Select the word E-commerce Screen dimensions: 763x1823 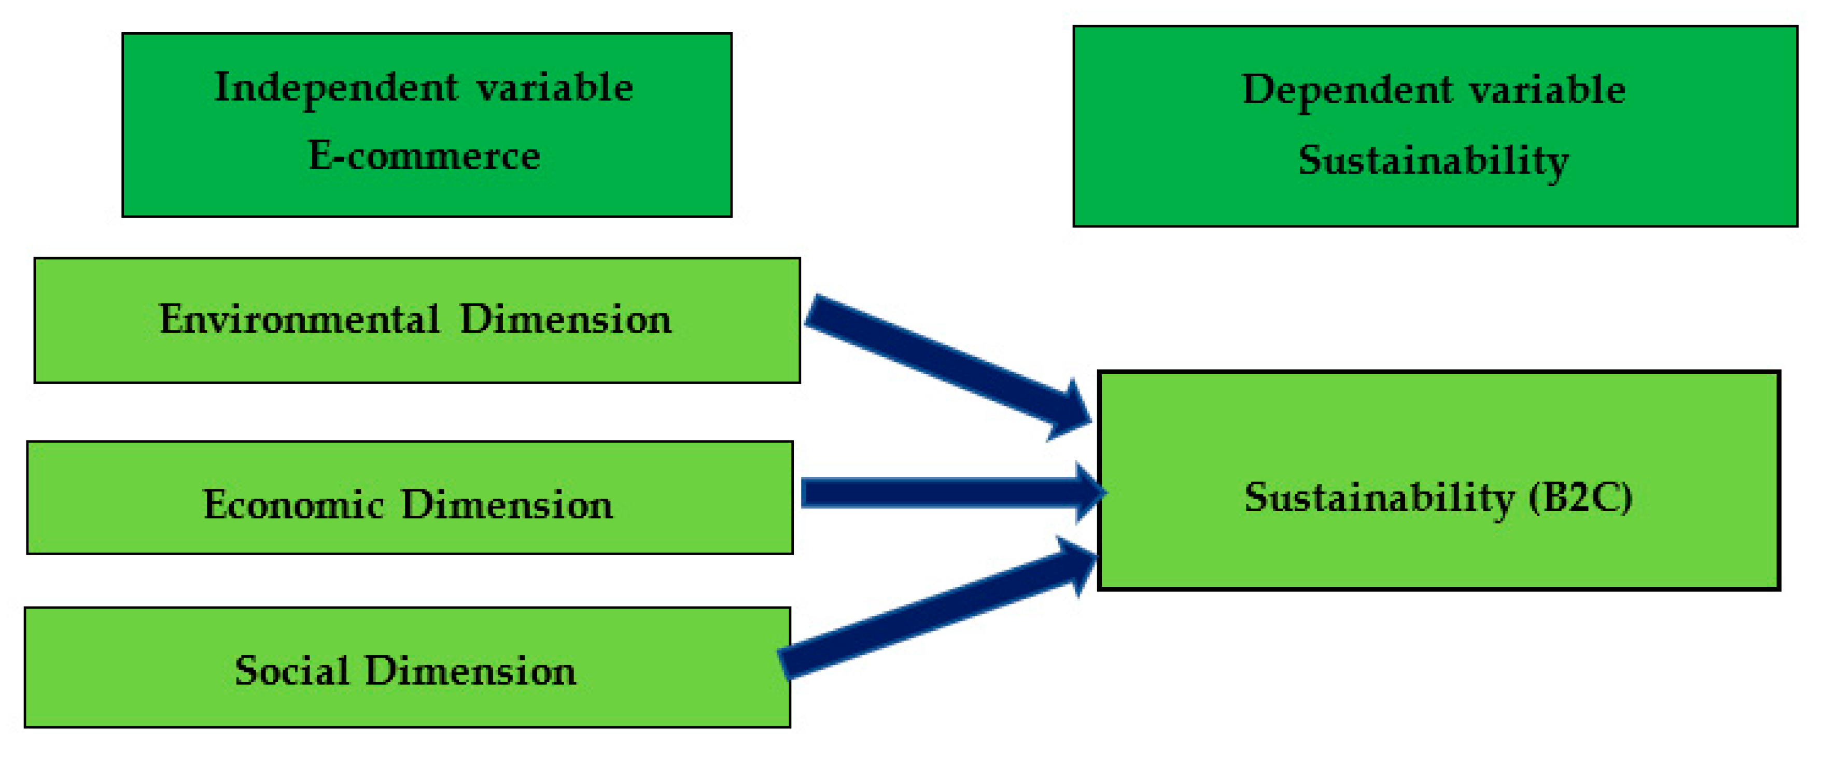pyautogui.click(x=424, y=156)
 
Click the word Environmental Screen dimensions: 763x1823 pyautogui.click(x=299, y=319)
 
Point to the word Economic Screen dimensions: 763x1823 pyautogui.click(x=293, y=505)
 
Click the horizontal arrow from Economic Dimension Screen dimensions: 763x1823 pyautogui.click(x=934, y=492)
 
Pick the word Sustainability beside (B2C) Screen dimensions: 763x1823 pyautogui.click(x=1379, y=498)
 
